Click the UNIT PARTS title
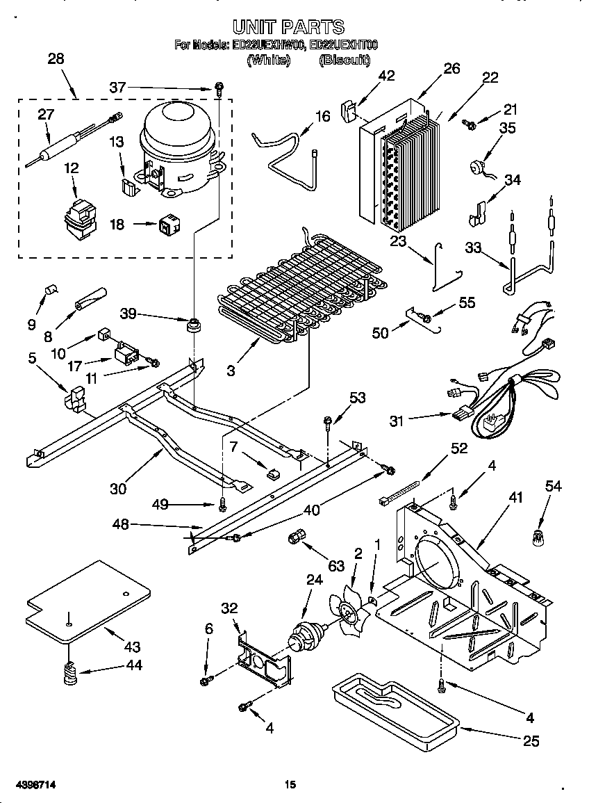tap(288, 27)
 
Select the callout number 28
tap(56, 59)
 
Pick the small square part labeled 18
tap(167, 224)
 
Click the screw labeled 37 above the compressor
tap(219, 88)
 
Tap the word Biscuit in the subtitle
tap(344, 60)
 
